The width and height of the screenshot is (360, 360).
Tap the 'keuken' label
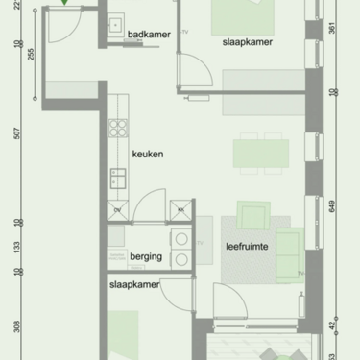pos(147,154)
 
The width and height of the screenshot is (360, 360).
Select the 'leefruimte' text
pos(246,247)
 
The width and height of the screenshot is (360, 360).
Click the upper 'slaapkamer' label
pos(246,43)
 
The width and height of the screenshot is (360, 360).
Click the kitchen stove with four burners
pos(118,127)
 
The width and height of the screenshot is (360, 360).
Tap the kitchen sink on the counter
pos(118,177)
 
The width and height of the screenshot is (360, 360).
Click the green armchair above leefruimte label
pos(254,214)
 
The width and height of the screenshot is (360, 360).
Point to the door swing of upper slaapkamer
pos(195,72)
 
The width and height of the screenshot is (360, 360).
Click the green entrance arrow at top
pos(64,3)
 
